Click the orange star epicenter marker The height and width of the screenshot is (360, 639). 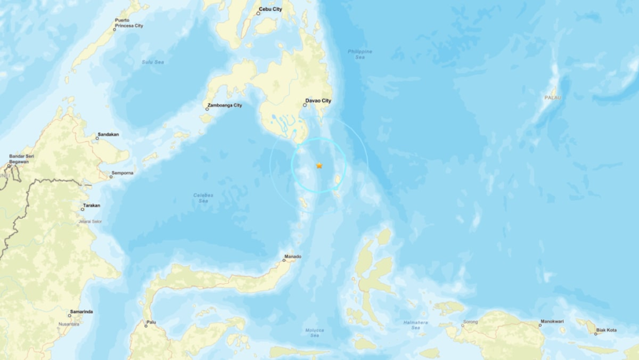coord(319,165)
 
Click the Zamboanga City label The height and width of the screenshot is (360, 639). coord(224,105)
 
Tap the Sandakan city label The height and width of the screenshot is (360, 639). coord(108,134)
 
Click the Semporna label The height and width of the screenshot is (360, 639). coord(122,173)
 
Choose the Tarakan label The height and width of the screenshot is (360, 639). coord(91,205)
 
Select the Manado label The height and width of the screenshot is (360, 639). coord(293,256)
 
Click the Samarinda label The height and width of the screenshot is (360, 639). coord(81,311)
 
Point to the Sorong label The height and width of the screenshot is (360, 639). coord(471,323)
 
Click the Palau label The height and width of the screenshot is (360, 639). coord(552,97)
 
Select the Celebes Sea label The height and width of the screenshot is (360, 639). coord(203,198)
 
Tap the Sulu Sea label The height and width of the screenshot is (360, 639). coord(147,62)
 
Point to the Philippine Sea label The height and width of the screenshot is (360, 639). coord(359,54)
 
